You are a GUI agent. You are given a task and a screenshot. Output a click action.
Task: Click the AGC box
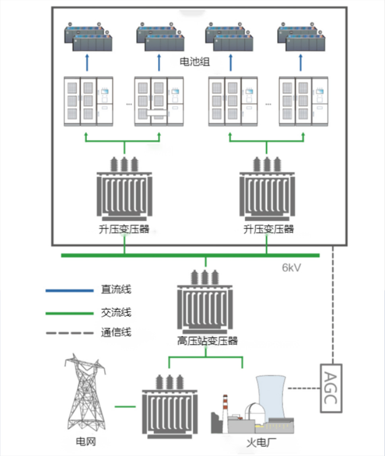coord(331,387)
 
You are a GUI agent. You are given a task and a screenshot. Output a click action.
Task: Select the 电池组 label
coord(195,62)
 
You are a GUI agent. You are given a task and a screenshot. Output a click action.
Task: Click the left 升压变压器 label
coord(124,229)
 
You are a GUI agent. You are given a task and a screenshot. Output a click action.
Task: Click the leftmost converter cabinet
coord(88,102)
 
